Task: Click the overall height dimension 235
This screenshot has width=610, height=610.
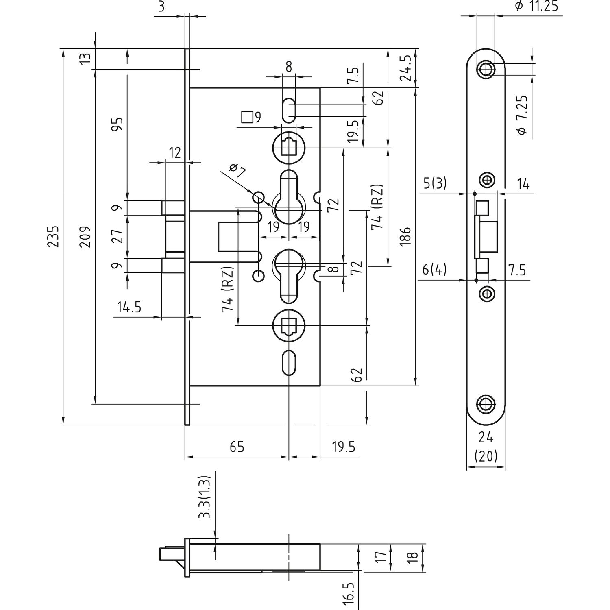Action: [54, 236]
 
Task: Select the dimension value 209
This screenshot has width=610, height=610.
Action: [85, 236]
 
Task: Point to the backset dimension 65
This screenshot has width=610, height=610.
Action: [237, 447]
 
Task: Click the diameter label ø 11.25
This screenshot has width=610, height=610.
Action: [536, 7]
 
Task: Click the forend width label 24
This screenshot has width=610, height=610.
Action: [486, 438]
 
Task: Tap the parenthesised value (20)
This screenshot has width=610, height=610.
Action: [486, 456]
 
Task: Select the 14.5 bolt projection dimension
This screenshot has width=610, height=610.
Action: [129, 307]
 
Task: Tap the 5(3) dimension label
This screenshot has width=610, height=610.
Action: [435, 184]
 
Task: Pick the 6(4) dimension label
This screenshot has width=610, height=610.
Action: [434, 269]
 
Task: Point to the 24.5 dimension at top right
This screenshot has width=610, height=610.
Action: [407, 68]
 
